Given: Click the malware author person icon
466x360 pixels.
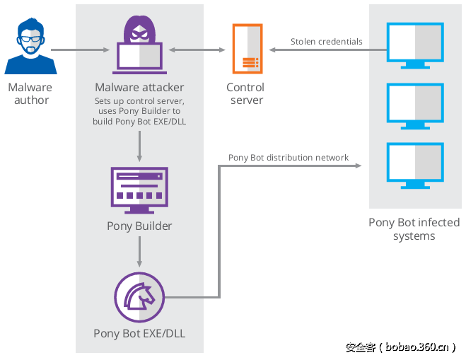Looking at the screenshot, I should (30, 47).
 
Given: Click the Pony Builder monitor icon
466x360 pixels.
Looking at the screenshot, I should (139, 190).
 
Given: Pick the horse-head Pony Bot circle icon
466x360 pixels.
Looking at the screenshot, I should (139, 297).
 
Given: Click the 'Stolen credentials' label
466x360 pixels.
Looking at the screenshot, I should (326, 42).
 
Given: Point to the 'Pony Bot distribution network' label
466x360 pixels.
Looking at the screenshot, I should (288, 158).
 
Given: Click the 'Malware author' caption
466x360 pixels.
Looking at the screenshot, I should (30, 93).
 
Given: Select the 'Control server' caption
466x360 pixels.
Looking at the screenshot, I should (245, 93).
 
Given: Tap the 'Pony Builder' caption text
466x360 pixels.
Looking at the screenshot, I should (139, 226).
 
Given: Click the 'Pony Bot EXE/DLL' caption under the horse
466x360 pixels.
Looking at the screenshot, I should (139, 333).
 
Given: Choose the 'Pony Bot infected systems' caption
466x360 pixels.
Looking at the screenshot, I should (414, 229).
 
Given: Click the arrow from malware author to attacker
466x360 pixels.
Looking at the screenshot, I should (80, 50).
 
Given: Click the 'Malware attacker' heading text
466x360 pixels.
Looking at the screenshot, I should (139, 88).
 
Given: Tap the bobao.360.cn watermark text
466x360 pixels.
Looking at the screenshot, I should (400, 347).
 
